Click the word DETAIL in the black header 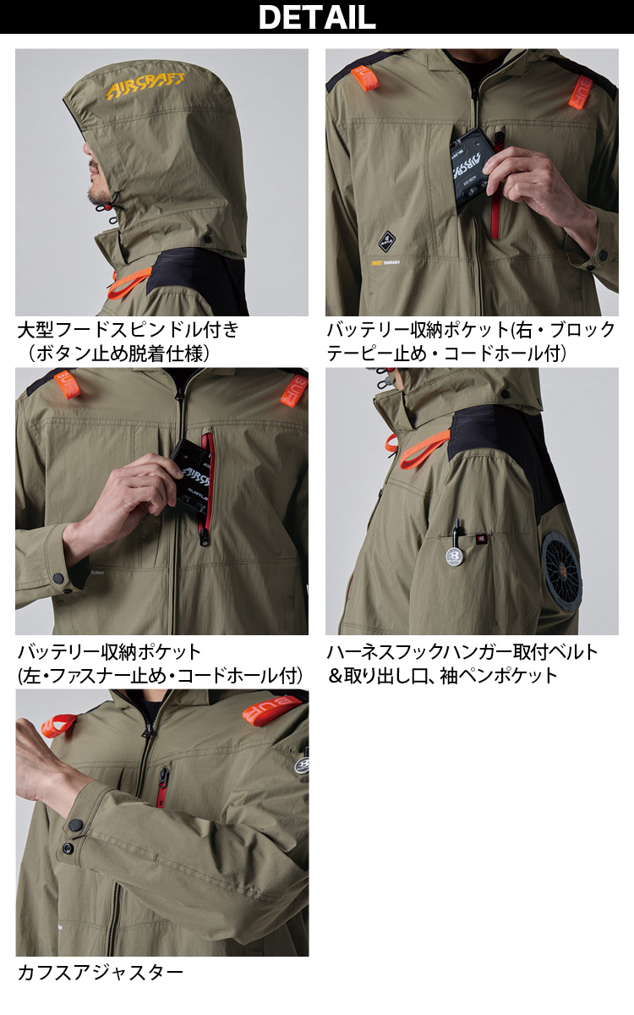[317, 17]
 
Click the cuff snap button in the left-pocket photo [59, 578]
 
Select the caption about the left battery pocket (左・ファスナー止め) [160, 663]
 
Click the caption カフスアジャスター [100, 972]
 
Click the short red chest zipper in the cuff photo [161, 782]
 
